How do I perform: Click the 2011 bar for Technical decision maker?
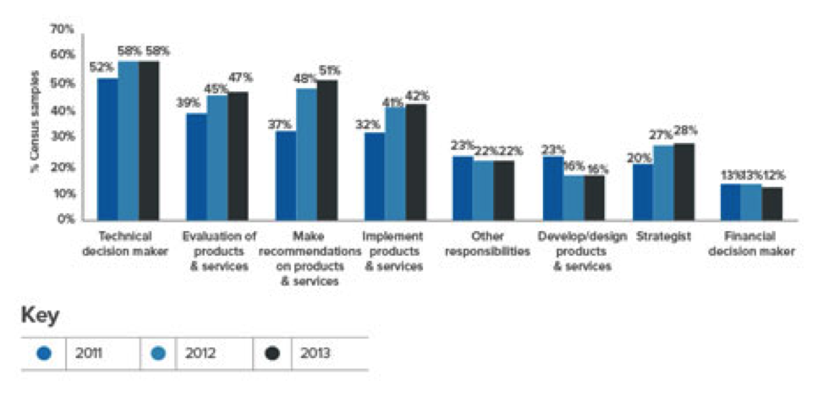click(x=107, y=149)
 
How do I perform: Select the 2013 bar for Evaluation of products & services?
click(x=238, y=157)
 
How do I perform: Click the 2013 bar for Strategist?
click(x=684, y=182)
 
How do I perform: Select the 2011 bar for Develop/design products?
click(x=553, y=189)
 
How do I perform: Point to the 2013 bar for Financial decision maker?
click(x=772, y=204)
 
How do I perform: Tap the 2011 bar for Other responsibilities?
click(x=463, y=189)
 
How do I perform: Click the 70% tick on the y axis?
click(x=63, y=30)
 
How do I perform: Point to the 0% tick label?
click(x=66, y=220)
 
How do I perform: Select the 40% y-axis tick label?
click(x=63, y=111)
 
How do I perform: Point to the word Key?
click(x=40, y=315)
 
